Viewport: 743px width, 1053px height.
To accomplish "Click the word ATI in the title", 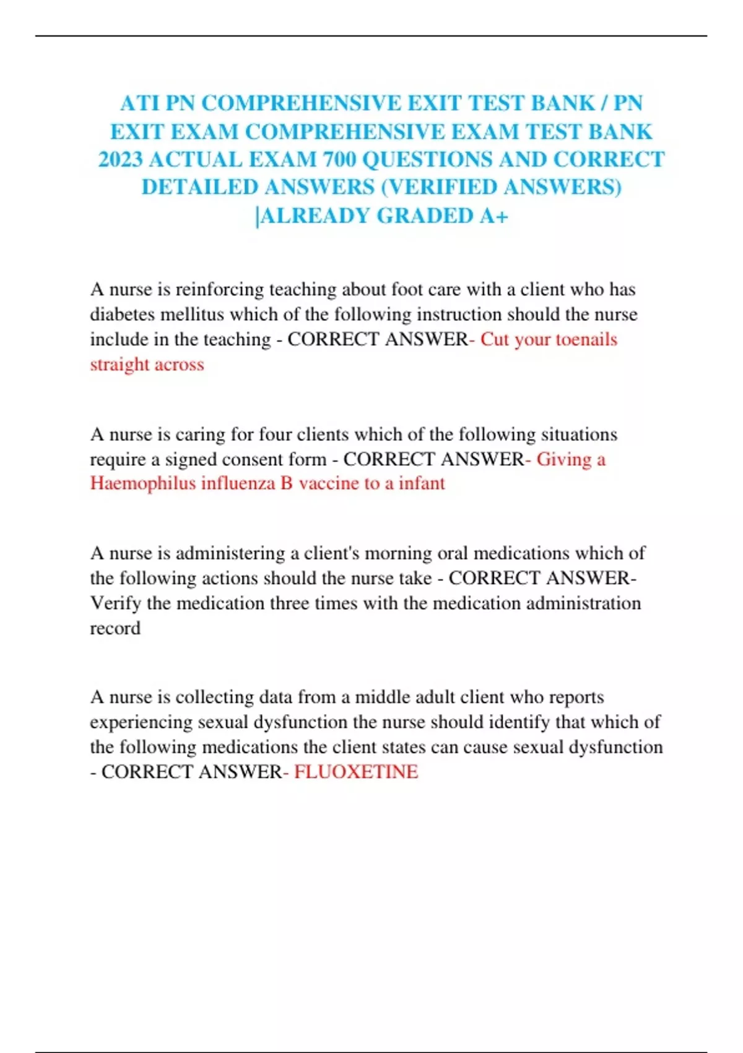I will tap(139, 103).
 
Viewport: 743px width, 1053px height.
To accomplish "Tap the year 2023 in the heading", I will tap(121, 160).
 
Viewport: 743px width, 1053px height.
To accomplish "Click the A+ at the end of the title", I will tap(494, 216).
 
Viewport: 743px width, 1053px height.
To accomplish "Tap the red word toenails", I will tap(586, 339).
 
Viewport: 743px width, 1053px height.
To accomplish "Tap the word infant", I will tap(421, 483).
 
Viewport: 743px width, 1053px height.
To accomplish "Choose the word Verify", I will tap(116, 603).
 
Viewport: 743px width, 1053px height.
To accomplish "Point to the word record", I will tap(115, 628).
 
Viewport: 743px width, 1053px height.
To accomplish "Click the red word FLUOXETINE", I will tap(356, 772).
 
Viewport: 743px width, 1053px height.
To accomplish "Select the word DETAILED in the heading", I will tap(199, 187).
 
